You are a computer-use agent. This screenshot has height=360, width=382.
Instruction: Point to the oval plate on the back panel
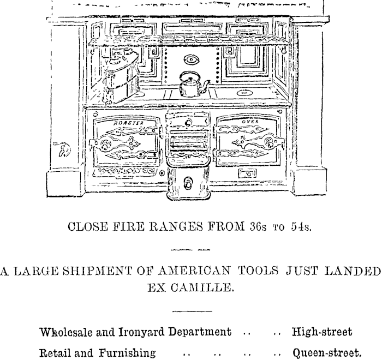[x=191, y=60]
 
